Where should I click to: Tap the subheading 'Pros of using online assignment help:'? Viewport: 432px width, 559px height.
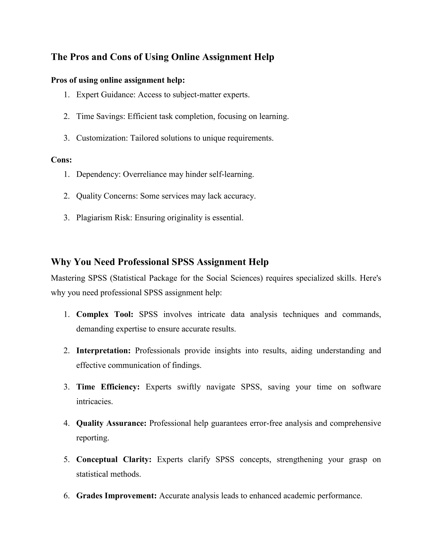tap(118, 80)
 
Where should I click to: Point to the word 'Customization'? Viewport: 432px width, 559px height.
tap(102, 138)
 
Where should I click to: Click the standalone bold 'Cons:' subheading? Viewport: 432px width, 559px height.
tap(61, 160)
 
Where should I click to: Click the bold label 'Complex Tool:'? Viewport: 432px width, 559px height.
tap(105, 314)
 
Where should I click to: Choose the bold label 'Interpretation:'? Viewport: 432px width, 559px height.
tap(103, 351)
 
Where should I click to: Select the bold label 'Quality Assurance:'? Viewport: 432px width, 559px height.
tap(111, 423)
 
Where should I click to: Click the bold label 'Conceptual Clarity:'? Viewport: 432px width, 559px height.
tap(114, 459)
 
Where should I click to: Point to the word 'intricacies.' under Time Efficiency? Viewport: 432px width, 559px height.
tap(94, 401)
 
